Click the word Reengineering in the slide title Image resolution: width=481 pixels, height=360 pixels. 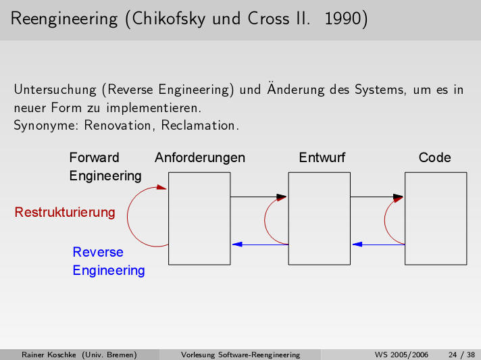[x=64, y=19]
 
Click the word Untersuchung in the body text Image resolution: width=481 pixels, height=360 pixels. [x=55, y=89]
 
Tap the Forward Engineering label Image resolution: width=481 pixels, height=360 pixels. [x=105, y=167]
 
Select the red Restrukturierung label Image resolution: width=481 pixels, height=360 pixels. [x=65, y=212]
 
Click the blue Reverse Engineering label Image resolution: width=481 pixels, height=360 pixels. [x=108, y=261]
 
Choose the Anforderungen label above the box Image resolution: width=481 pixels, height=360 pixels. [x=200, y=158]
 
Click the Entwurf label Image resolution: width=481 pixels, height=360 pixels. [x=322, y=158]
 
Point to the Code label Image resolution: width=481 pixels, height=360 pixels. [x=434, y=158]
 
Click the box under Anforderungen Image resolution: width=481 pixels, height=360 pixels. [x=199, y=217]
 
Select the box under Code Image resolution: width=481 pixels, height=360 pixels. [x=436, y=217]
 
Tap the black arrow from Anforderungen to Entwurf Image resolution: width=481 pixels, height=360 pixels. [x=259, y=197]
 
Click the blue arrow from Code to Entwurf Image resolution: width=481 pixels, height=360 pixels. [x=378, y=245]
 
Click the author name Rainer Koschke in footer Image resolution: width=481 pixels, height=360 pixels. [x=50, y=355]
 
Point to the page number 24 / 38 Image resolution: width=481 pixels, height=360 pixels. [x=461, y=355]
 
